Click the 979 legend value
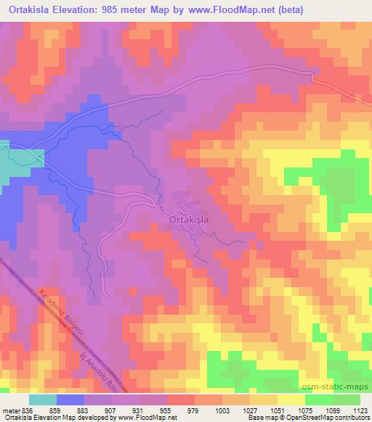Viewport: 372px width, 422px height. (x=193, y=410)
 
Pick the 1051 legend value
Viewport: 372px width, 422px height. (x=275, y=410)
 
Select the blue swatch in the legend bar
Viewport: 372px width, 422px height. (x=70, y=400)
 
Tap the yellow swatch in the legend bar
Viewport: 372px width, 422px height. (x=291, y=400)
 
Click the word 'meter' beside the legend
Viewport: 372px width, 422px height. (x=10, y=410)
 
